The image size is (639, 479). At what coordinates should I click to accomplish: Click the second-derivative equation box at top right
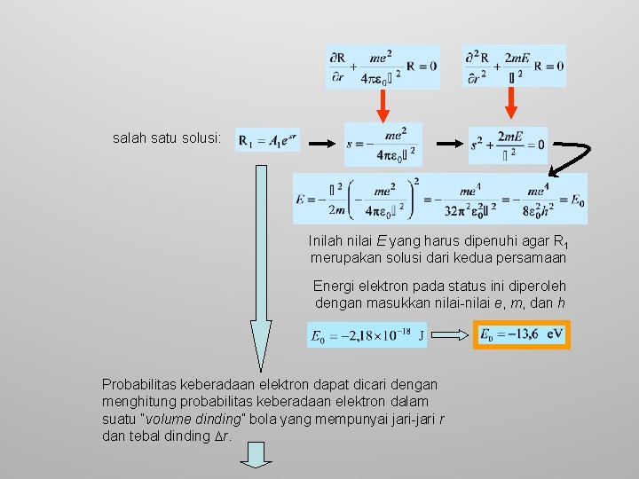pyautogui.click(x=515, y=65)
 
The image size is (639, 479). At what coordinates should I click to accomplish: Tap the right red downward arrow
pyautogui.click(x=510, y=103)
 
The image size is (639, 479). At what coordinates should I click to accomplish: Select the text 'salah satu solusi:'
pyautogui.click(x=166, y=139)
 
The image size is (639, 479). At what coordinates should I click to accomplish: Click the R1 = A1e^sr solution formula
pyautogui.click(x=268, y=140)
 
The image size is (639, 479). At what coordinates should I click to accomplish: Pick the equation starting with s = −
pyautogui.click(x=383, y=145)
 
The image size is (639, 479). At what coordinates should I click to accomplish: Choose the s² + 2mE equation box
pyautogui.click(x=508, y=144)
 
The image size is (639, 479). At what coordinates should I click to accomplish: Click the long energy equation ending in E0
pyautogui.click(x=440, y=199)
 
